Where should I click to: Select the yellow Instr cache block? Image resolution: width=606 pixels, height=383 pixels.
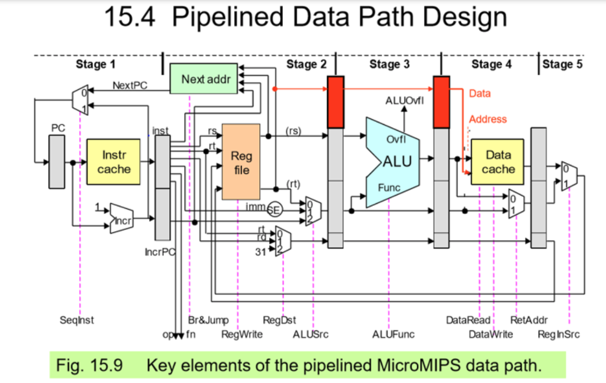click(x=114, y=161)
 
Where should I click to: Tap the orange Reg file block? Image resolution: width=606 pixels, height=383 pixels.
click(x=241, y=161)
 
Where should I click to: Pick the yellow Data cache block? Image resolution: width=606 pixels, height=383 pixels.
click(x=498, y=161)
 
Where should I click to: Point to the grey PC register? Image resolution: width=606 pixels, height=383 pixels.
click(x=57, y=161)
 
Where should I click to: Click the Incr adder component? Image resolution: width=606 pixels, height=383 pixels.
click(x=121, y=219)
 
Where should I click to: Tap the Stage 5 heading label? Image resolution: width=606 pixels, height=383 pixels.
click(x=562, y=64)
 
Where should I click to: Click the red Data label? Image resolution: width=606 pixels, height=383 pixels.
click(x=479, y=93)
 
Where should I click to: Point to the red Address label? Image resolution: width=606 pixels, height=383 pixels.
click(x=488, y=119)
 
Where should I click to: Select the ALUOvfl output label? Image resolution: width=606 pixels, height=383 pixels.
click(x=405, y=99)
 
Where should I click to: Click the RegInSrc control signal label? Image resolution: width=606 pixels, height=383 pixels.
click(x=559, y=335)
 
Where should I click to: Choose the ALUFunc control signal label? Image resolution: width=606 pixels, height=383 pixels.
click(x=394, y=335)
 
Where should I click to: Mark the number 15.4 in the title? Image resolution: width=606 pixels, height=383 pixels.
click(x=130, y=18)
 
